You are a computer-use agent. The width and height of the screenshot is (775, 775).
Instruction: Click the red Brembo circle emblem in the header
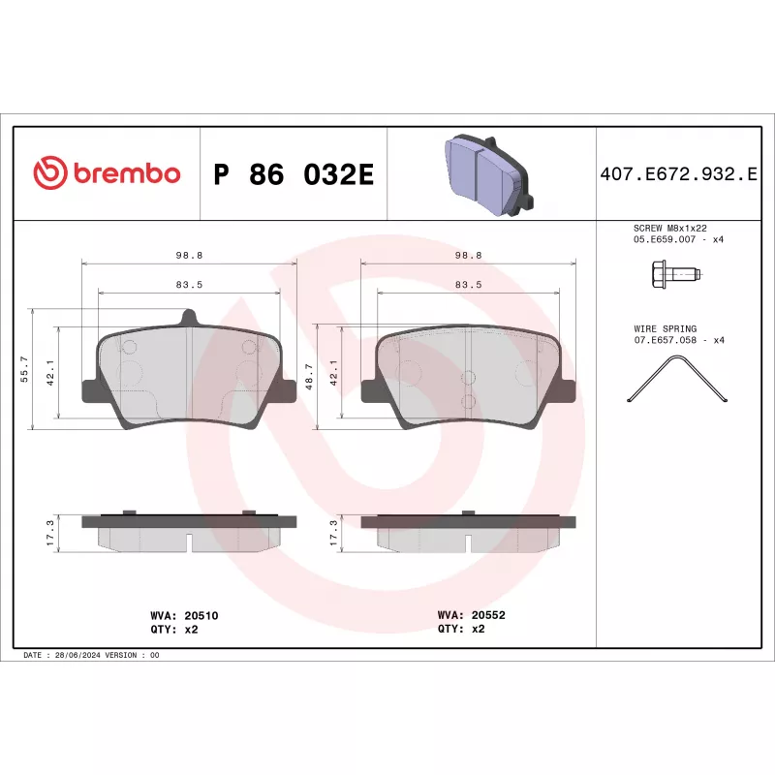coord(49,173)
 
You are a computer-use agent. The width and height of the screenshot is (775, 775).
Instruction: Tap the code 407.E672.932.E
coord(677,174)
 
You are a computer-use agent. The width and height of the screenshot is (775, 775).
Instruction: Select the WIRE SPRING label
coord(665,329)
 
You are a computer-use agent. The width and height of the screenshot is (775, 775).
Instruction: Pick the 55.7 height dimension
coord(24,368)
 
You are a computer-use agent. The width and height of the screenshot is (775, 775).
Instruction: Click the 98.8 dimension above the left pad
coord(189,255)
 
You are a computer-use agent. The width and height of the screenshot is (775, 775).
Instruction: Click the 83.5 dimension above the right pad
coord(468,284)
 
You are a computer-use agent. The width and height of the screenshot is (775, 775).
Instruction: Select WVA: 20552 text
coord(472,614)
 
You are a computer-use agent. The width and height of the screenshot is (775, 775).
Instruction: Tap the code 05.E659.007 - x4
coord(679,239)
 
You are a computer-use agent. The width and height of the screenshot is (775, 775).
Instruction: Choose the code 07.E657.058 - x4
coord(679,340)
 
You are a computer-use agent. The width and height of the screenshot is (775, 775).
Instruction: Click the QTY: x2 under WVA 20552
coord(461,628)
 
